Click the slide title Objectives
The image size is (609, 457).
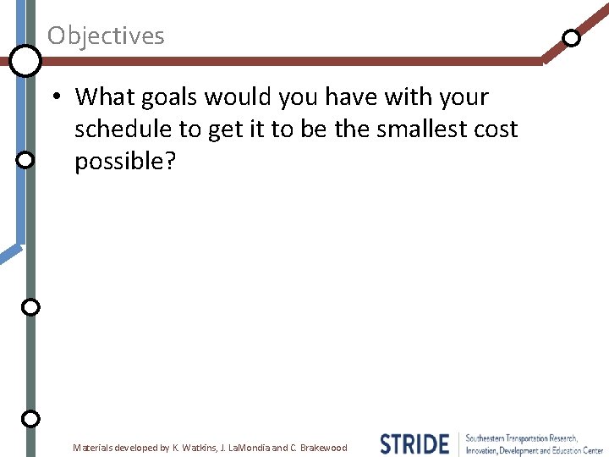(106, 36)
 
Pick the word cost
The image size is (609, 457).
(493, 129)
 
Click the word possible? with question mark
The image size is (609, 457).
(125, 161)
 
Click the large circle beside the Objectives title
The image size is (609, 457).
(25, 60)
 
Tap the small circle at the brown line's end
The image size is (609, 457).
(572, 38)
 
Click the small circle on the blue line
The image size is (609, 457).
(25, 159)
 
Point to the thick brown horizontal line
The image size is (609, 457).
(288, 61)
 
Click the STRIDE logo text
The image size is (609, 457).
(414, 443)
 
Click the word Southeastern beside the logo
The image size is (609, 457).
(488, 438)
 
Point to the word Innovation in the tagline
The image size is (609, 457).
(486, 450)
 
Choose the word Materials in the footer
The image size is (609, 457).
(94, 448)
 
